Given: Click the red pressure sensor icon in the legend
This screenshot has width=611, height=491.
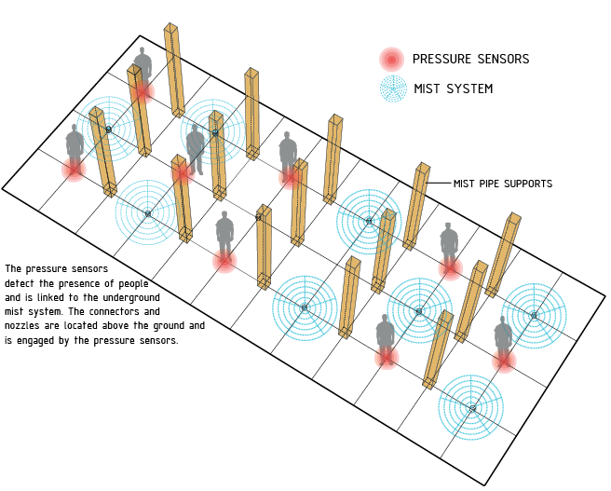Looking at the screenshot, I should tap(392, 60).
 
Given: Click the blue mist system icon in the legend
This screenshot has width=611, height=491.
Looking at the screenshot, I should tap(392, 89).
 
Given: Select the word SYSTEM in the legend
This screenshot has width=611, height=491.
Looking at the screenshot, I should tap(468, 89).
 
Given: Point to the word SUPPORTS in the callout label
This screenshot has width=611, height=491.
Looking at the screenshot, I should tap(526, 184).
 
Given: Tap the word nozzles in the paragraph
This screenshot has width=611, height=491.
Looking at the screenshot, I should tap(26, 326).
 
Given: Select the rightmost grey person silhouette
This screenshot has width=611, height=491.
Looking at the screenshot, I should tap(503, 335).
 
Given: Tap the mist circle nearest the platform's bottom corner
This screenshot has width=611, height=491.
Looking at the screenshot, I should tap(472, 408).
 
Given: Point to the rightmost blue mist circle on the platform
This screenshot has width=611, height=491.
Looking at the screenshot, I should tap(534, 315).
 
